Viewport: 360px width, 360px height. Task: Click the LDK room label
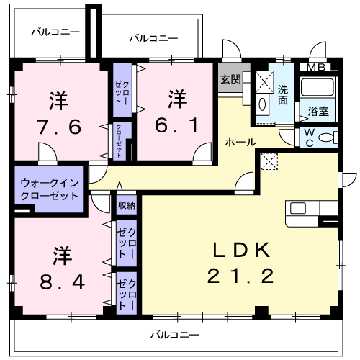pos(241,251)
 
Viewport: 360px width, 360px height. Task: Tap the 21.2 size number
pos(241,275)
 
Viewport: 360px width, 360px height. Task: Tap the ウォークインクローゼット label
pos(49,189)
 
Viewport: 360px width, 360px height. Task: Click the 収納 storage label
pos(126,206)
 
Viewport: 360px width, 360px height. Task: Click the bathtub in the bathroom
pos(317,90)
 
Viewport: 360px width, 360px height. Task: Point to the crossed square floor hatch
pos(268,163)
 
